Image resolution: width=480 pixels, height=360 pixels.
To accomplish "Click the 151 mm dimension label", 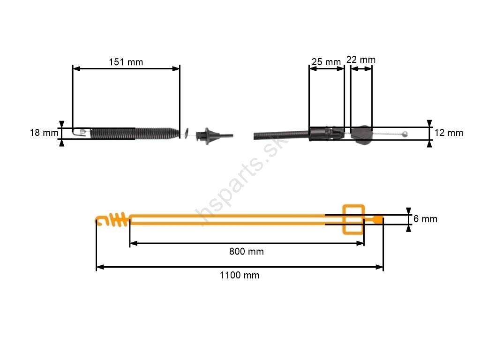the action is coord(126,62).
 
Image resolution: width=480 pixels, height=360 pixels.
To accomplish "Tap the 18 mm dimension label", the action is coord(44,133).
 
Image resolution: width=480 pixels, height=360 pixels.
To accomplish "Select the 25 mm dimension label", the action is coord(326,62).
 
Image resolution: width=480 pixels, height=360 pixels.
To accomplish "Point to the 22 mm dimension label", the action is coord(361,60).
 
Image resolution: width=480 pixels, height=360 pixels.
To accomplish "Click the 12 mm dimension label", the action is coord(449,133).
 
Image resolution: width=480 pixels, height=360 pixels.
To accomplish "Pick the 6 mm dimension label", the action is coord(425,219).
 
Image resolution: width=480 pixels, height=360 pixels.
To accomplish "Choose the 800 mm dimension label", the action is coord(247,252).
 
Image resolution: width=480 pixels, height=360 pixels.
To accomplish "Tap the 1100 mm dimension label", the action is coord(240,275).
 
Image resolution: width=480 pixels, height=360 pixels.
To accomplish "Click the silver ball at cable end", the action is coord(405,134).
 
